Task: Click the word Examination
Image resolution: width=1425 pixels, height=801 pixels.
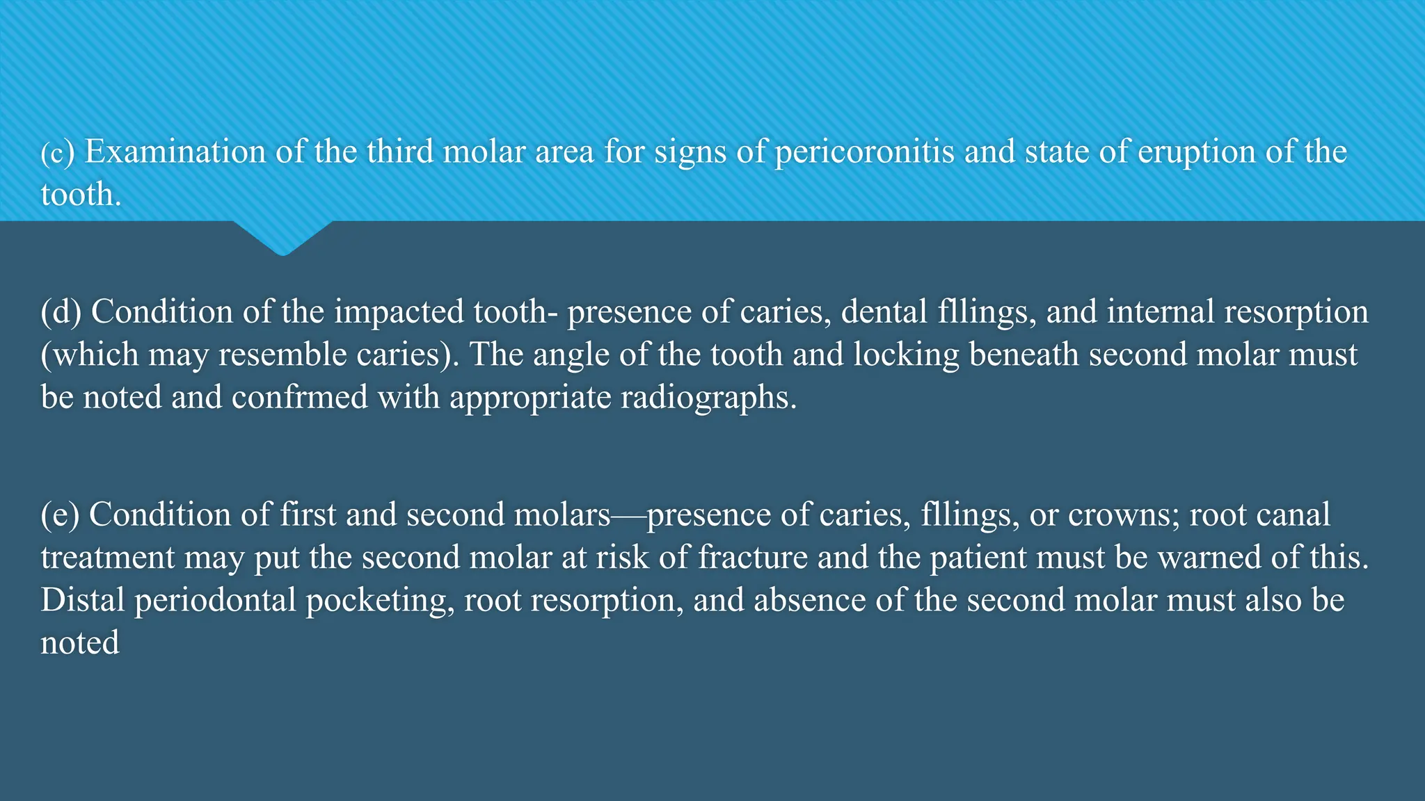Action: (175, 152)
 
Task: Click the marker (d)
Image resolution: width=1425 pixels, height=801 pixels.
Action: (61, 312)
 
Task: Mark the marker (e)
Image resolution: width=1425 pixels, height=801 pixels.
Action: (61, 515)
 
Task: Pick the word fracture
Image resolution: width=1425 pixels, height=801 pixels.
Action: (753, 558)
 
